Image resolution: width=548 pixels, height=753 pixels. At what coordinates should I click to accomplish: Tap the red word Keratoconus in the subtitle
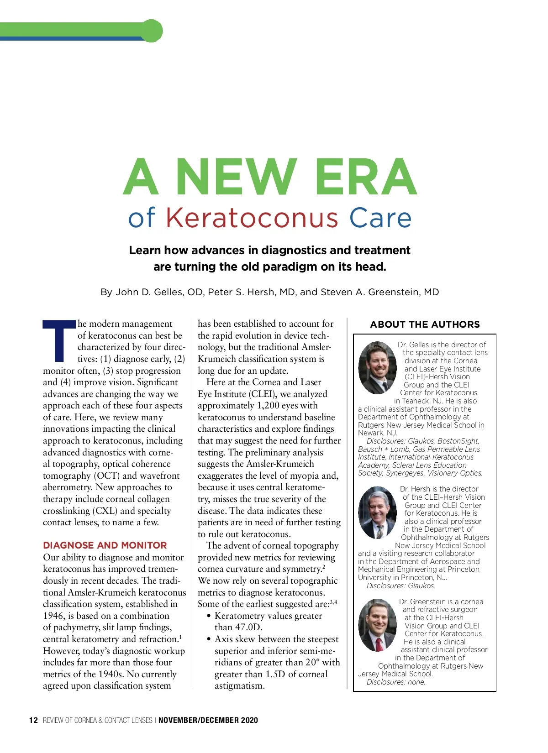point(252,218)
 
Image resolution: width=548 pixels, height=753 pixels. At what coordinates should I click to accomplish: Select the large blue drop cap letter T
point(59,340)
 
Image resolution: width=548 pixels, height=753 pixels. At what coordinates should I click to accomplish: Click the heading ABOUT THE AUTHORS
point(425,324)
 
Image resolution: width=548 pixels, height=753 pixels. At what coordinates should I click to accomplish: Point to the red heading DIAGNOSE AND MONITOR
point(105,545)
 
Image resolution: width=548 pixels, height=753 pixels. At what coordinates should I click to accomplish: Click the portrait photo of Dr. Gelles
point(378,368)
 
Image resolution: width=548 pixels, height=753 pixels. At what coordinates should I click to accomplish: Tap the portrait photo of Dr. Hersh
point(378,512)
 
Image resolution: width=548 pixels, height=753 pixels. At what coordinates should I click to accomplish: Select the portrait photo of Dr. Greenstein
point(378,625)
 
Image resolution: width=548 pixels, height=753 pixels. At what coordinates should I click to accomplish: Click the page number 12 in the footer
point(33,720)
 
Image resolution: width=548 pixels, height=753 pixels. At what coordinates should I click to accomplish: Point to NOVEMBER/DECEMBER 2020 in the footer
point(208,720)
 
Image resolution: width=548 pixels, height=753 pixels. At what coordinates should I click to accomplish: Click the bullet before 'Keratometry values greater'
point(209,616)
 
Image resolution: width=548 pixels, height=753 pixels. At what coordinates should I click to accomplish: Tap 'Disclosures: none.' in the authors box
point(395,682)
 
